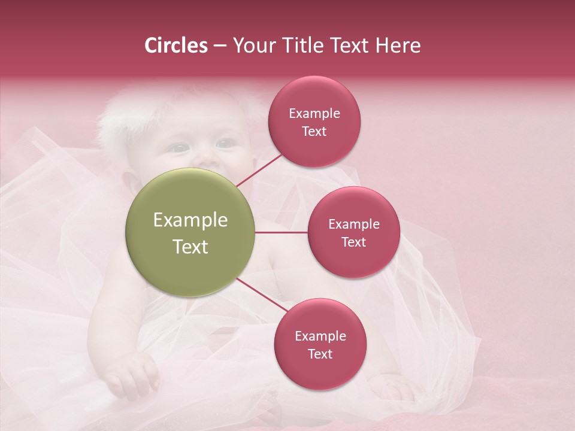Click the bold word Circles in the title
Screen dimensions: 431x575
[x=176, y=45]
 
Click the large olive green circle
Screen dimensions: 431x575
[x=190, y=232]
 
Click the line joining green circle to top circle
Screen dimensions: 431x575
[x=259, y=169]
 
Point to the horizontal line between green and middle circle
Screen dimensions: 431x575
[x=281, y=232]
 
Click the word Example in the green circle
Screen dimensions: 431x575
[x=190, y=220]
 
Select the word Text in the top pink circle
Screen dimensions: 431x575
[x=314, y=132]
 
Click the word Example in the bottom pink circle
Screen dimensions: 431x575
[x=320, y=336]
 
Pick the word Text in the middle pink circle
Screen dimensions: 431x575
[x=353, y=242]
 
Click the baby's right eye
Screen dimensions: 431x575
[x=178, y=147]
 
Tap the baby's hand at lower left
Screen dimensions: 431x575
[x=133, y=374]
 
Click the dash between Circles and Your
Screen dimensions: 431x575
[x=219, y=46]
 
